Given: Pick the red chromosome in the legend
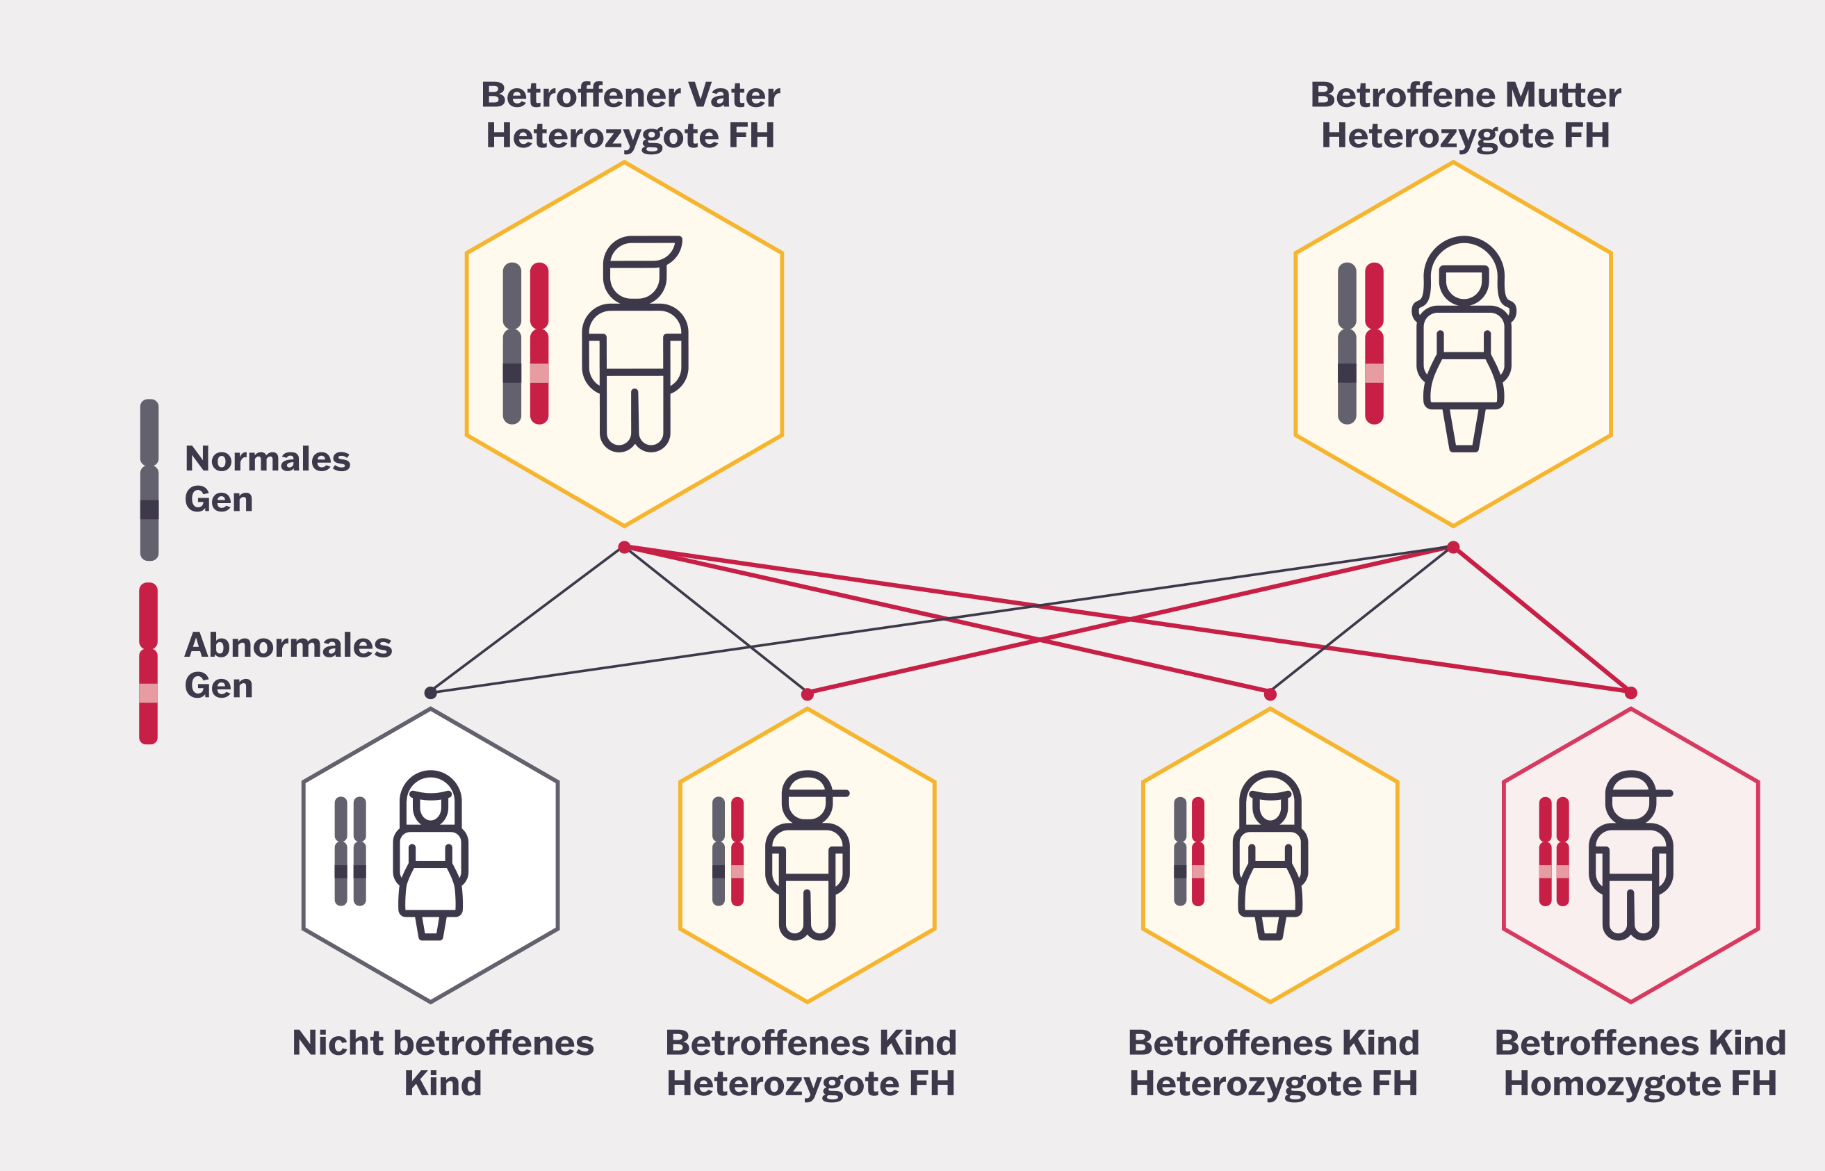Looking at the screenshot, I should point(148,663).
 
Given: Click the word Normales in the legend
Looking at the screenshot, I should point(268,459).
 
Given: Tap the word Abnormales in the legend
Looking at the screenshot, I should point(288,645).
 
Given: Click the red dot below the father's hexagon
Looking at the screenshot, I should point(624,547).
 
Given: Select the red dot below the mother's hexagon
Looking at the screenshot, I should point(1453,547).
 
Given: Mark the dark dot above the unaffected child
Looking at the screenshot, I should point(430,692).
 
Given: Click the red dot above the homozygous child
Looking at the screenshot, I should point(1630,693).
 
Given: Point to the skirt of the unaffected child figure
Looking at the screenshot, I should point(430,890).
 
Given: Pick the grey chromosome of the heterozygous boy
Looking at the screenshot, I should point(719,851).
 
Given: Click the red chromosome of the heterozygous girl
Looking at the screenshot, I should point(1198,851).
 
